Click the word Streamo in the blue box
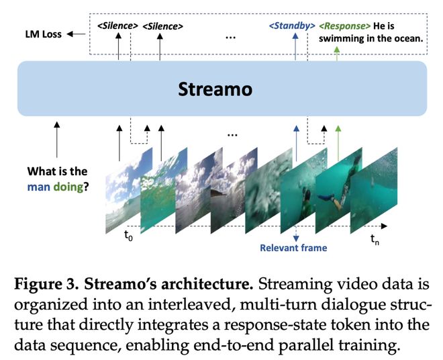[222, 88]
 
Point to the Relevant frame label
[294, 248]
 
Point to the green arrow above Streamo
[337, 51]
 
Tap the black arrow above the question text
[56, 140]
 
